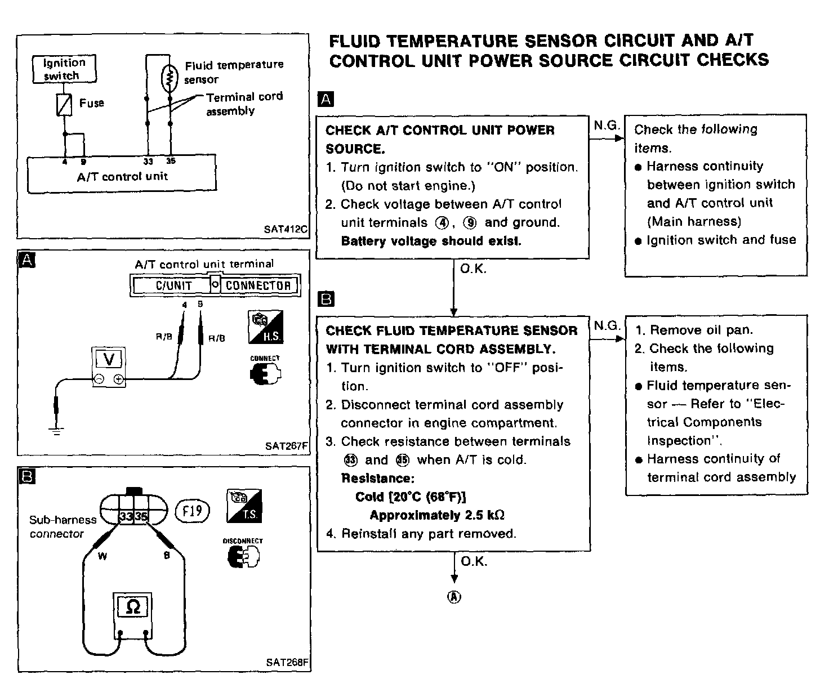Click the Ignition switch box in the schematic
tap(64, 69)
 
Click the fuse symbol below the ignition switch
tap(65, 104)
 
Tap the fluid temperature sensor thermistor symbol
tap(170, 79)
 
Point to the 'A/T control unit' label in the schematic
tap(122, 176)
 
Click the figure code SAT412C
tap(285, 230)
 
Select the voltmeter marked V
tap(109, 366)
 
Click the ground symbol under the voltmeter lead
tap(56, 431)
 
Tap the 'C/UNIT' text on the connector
tap(173, 285)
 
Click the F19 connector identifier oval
tap(192, 511)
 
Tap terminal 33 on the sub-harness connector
tap(126, 516)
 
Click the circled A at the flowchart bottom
tap(454, 597)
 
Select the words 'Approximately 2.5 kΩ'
tap(436, 515)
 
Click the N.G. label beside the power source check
tap(606, 126)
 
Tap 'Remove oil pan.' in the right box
tap(701, 330)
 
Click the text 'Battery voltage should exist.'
tap(431, 241)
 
